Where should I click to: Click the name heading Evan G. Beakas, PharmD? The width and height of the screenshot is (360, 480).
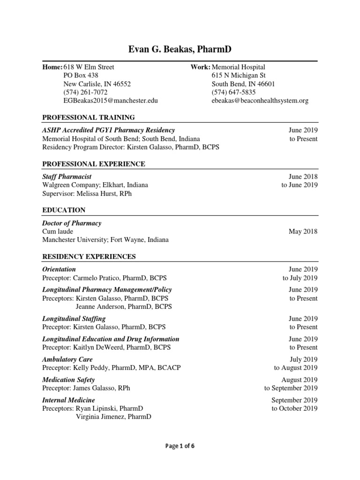(x=180, y=50)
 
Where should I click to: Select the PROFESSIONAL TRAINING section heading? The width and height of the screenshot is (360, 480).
(x=89, y=117)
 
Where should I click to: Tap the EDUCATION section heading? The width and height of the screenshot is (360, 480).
(x=64, y=210)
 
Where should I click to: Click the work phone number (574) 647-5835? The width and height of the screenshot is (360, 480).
(x=233, y=92)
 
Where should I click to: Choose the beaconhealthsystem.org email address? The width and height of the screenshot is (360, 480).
(x=260, y=101)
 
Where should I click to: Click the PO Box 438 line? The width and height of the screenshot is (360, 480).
(x=81, y=75)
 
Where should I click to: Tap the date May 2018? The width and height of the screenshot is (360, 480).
(x=304, y=232)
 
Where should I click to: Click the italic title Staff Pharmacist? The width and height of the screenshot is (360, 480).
(x=67, y=177)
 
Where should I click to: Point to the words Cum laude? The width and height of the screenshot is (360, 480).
(x=58, y=232)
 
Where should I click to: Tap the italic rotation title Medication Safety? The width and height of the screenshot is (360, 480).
(x=68, y=380)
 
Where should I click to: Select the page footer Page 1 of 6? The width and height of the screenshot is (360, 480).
(x=180, y=446)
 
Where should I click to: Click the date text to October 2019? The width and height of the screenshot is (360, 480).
(x=294, y=408)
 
